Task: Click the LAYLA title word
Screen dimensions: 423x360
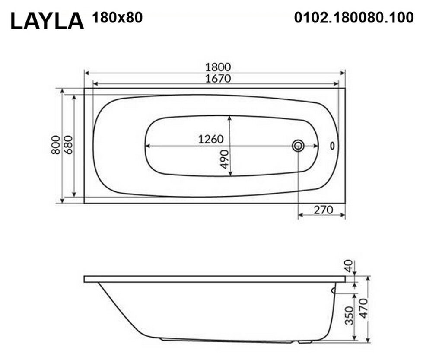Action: coord(47,21)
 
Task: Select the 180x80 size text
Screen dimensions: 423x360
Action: coord(118,18)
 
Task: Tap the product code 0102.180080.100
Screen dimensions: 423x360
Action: coord(354,18)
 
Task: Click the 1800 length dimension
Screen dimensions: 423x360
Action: coord(218,67)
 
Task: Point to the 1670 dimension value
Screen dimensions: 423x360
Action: coord(218,79)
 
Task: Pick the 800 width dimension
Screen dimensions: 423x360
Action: coord(56,145)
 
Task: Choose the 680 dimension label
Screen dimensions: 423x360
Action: coord(69,145)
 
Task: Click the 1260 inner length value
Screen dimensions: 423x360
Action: coord(211,139)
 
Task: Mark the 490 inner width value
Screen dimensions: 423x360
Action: coord(224,159)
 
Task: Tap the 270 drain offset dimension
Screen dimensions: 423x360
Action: coord(323,210)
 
